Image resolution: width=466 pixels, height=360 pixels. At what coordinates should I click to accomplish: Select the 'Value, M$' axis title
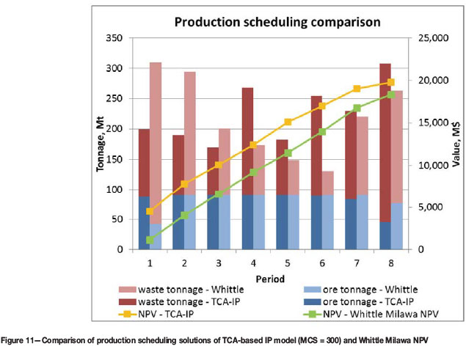click(455, 144)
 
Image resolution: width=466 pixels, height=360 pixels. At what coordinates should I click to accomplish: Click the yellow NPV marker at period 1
click(150, 211)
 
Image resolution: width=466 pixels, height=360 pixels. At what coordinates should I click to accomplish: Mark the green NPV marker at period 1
click(150, 240)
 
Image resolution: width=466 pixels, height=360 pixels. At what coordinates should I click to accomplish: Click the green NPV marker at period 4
click(253, 172)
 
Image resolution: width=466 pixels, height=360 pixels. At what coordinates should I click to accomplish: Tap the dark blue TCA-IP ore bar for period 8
click(385, 235)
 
